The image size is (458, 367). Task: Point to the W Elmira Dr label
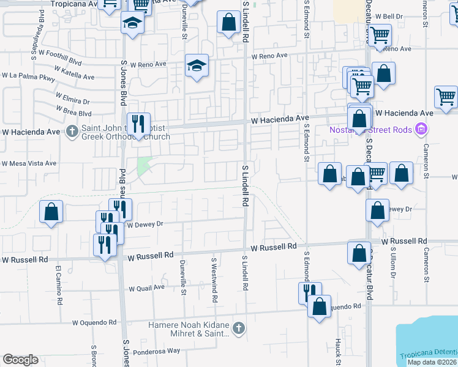tap(72, 98)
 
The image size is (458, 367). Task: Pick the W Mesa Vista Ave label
tap(29, 163)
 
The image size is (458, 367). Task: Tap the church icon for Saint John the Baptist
tap(72, 130)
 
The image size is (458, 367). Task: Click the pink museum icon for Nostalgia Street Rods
tap(420, 129)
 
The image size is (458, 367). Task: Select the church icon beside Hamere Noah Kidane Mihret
tap(239, 329)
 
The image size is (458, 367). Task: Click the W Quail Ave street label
tap(146, 287)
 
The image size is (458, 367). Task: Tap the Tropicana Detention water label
tap(429, 356)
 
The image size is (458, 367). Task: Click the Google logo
tap(20, 360)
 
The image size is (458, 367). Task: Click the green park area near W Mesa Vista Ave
tap(144, 166)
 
